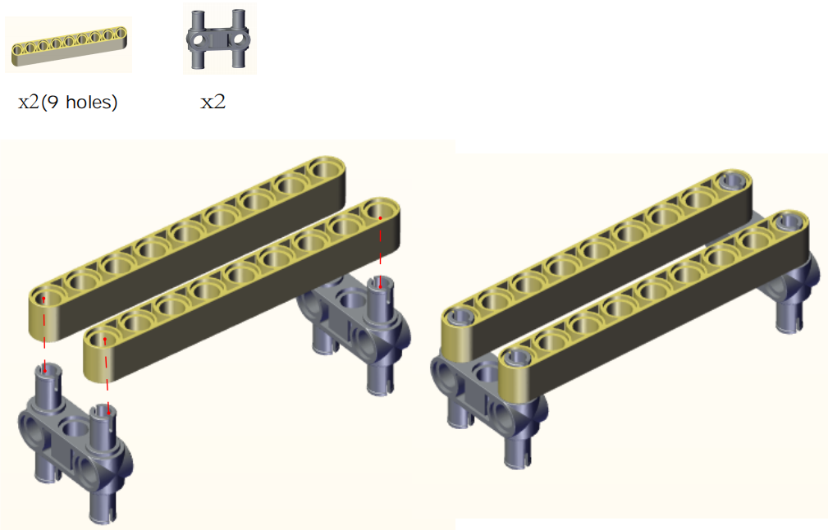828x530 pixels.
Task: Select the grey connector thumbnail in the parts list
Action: [x=218, y=39]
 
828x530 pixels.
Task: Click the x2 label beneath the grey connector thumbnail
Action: [x=213, y=102]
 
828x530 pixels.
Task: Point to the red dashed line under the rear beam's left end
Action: [x=44, y=335]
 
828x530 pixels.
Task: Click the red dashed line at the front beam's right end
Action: [x=380, y=253]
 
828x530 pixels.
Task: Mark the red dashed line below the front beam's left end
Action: [x=108, y=376]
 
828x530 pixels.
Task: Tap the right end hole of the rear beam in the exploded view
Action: [x=326, y=169]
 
